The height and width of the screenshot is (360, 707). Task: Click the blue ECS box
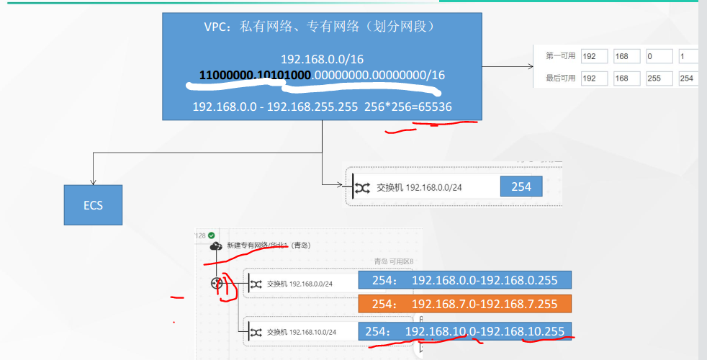point(93,205)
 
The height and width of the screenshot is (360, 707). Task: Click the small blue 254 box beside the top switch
point(521,187)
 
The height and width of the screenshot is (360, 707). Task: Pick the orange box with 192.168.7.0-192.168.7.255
point(464,303)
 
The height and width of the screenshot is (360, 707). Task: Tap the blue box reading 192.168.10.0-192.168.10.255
point(464,331)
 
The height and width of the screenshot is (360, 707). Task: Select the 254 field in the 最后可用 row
point(685,78)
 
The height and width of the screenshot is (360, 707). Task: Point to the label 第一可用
point(561,56)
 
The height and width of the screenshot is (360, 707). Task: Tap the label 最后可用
point(561,78)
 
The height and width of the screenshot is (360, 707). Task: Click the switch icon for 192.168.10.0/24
point(256,332)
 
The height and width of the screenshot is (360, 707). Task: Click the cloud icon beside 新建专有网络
point(216,246)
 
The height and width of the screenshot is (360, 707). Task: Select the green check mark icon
point(211,235)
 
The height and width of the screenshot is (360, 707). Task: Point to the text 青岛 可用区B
point(393,261)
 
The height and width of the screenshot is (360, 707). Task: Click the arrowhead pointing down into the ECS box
point(93,181)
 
